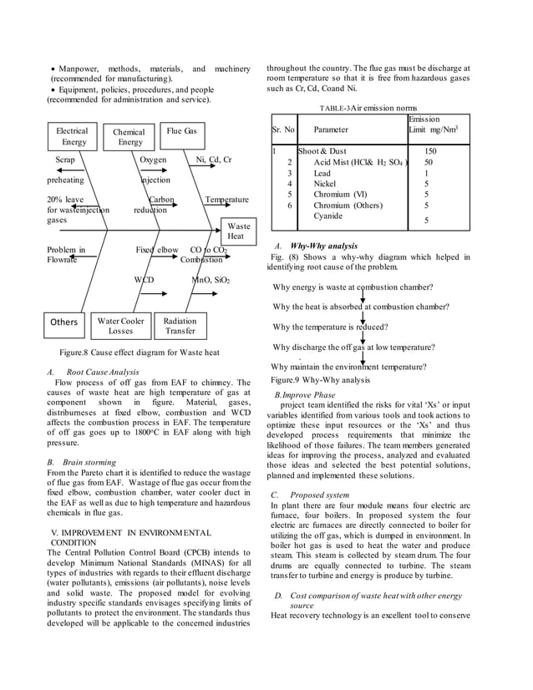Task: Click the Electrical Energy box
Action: click(x=72, y=137)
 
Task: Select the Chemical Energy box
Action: click(x=129, y=138)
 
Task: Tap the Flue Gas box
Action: click(x=181, y=131)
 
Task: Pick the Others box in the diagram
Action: click(x=64, y=322)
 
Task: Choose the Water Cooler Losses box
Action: click(x=120, y=326)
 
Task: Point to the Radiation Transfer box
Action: click(x=180, y=326)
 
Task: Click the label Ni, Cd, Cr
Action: click(x=214, y=159)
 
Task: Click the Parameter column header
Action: click(x=332, y=130)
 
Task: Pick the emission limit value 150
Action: click(x=431, y=150)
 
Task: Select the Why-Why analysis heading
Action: click(x=323, y=247)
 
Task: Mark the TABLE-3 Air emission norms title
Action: click(x=368, y=109)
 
